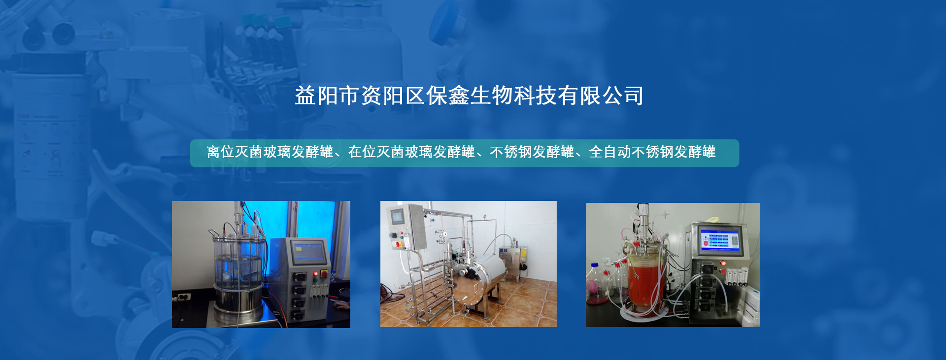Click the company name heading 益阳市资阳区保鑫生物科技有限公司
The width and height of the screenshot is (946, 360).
[469, 96]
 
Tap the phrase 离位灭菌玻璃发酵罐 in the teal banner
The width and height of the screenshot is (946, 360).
[270, 152]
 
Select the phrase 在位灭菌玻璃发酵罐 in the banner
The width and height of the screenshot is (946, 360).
[411, 152]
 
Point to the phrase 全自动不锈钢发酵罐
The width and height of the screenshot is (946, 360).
[652, 152]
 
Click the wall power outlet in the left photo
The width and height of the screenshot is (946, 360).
[184, 297]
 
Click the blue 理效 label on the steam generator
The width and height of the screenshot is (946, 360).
[504, 251]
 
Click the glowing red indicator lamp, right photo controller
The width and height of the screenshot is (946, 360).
[723, 264]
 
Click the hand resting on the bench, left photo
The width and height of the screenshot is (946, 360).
[340, 305]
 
